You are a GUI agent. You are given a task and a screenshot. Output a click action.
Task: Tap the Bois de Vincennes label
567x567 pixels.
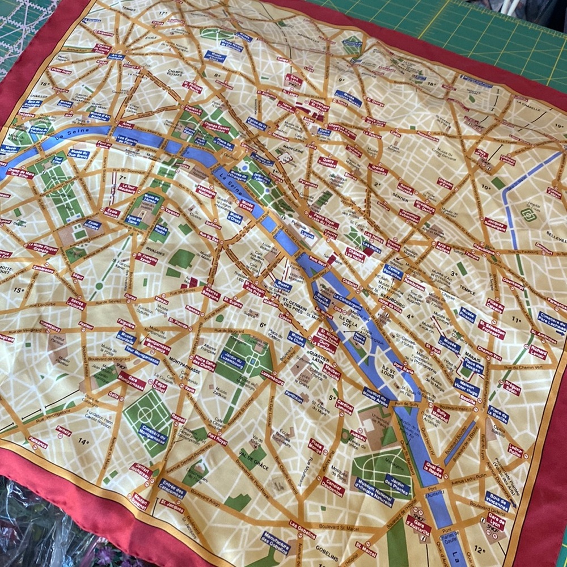(x=497, y=500)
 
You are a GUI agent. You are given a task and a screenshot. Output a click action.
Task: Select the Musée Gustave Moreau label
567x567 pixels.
(x=348, y=98)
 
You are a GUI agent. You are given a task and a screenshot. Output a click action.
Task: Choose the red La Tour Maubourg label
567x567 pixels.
(x=128, y=188)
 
